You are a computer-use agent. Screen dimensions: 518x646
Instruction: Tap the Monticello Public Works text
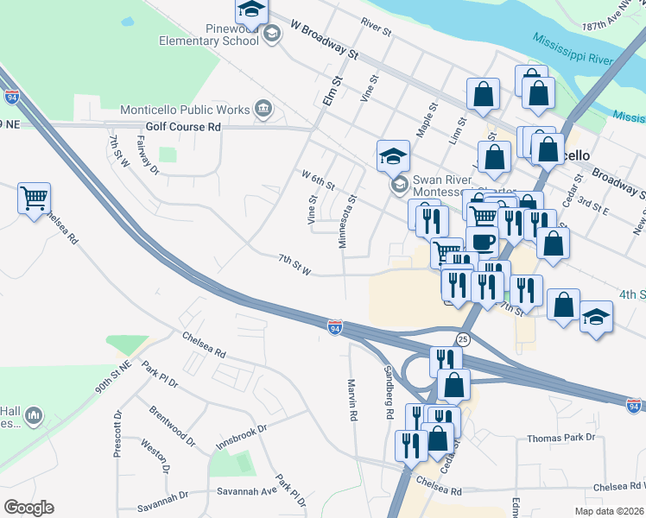184,111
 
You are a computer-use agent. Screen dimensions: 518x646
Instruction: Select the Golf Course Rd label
183,127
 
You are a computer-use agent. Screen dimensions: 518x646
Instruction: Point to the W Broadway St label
324,40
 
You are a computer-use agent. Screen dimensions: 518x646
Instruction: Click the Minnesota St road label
347,222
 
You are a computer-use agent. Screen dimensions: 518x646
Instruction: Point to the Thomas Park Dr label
561,438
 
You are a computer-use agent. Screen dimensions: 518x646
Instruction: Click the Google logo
28,508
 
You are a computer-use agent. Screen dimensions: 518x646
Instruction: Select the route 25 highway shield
463,338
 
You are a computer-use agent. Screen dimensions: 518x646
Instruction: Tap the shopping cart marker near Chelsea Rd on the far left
34,199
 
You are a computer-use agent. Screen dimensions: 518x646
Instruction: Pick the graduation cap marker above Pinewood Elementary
251,11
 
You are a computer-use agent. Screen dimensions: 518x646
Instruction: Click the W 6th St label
317,180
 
